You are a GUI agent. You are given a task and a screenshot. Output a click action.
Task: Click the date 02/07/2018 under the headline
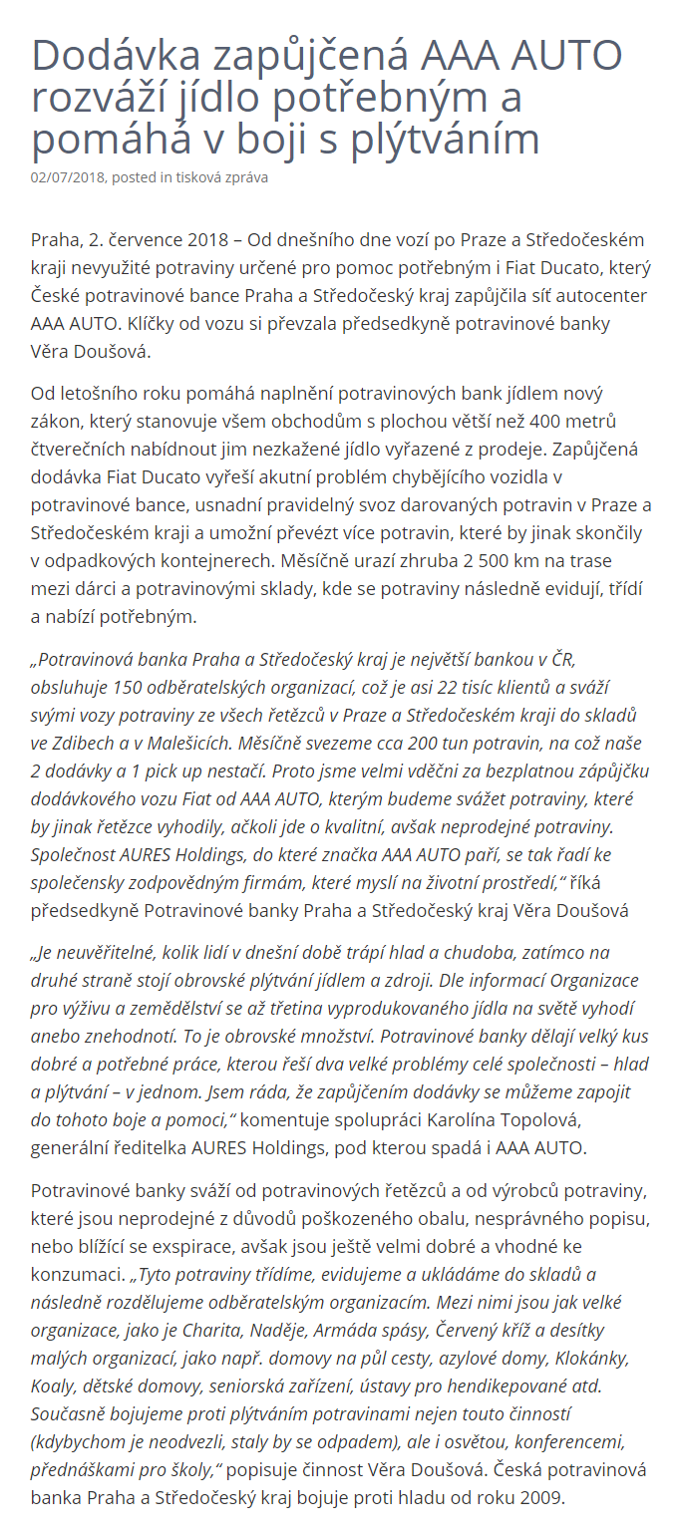point(69,178)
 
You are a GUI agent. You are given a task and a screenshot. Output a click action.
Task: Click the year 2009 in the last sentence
point(541,1498)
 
